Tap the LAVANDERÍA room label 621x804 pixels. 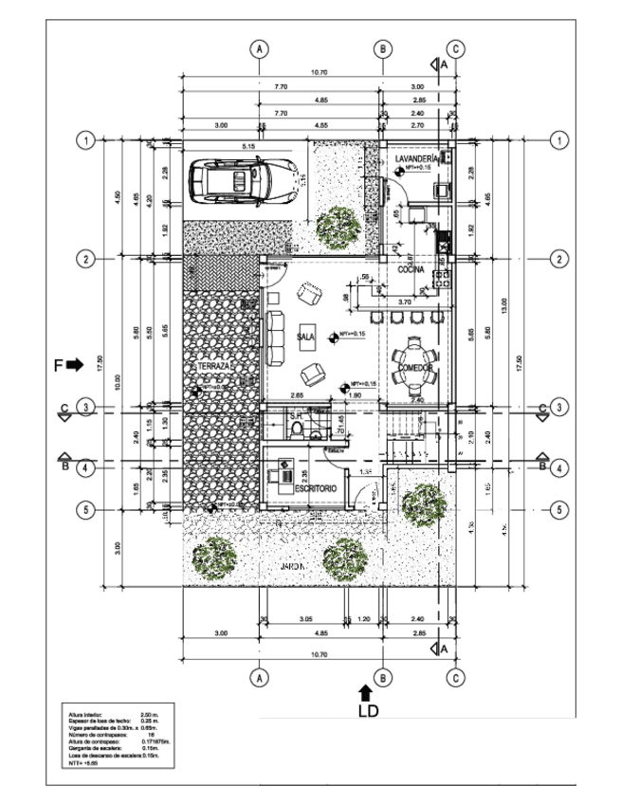418,158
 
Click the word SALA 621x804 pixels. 305,337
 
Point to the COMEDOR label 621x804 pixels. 414,367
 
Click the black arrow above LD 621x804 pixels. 367,693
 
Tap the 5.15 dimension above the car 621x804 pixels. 249,147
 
